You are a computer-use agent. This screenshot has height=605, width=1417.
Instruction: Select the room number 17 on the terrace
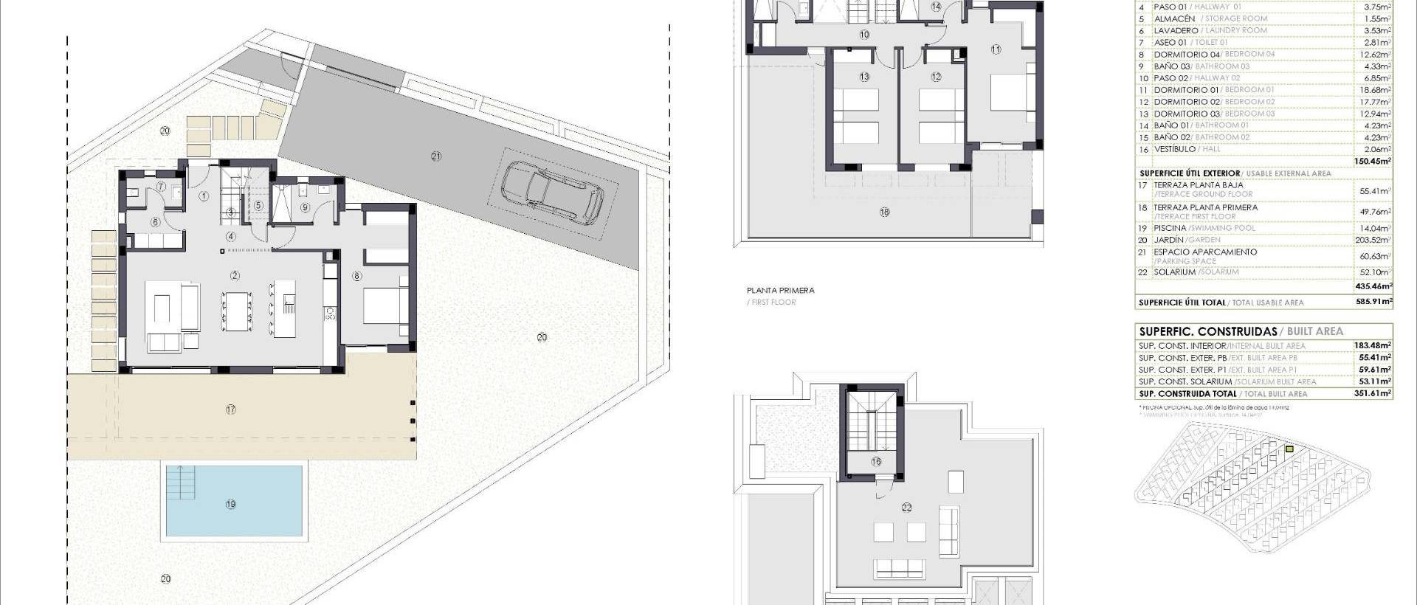pos(230,409)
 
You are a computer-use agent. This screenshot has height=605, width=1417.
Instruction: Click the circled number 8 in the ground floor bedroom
pos(357,277)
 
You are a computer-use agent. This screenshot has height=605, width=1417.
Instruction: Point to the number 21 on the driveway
pos(435,156)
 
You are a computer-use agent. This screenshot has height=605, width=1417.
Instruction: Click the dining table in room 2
pos(236,311)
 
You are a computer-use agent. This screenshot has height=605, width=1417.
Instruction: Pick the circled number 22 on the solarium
pos(906,508)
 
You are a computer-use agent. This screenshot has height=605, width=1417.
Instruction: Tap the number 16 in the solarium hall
pos(876,462)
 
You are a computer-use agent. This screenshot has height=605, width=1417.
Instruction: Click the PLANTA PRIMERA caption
pos(781,291)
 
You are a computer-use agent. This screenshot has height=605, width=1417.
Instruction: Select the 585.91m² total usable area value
pos(1374,302)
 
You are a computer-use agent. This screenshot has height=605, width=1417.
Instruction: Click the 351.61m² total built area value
pos(1374,394)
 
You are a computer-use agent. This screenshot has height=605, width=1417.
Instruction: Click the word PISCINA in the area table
pos(1171,228)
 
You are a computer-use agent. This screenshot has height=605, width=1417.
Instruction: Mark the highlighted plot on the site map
pos(1289,449)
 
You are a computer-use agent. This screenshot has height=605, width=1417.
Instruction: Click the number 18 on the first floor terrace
pos(884,212)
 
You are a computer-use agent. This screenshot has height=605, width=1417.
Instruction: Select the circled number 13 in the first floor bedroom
pos(864,77)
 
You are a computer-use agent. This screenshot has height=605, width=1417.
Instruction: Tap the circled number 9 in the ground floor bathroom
pos(306,208)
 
